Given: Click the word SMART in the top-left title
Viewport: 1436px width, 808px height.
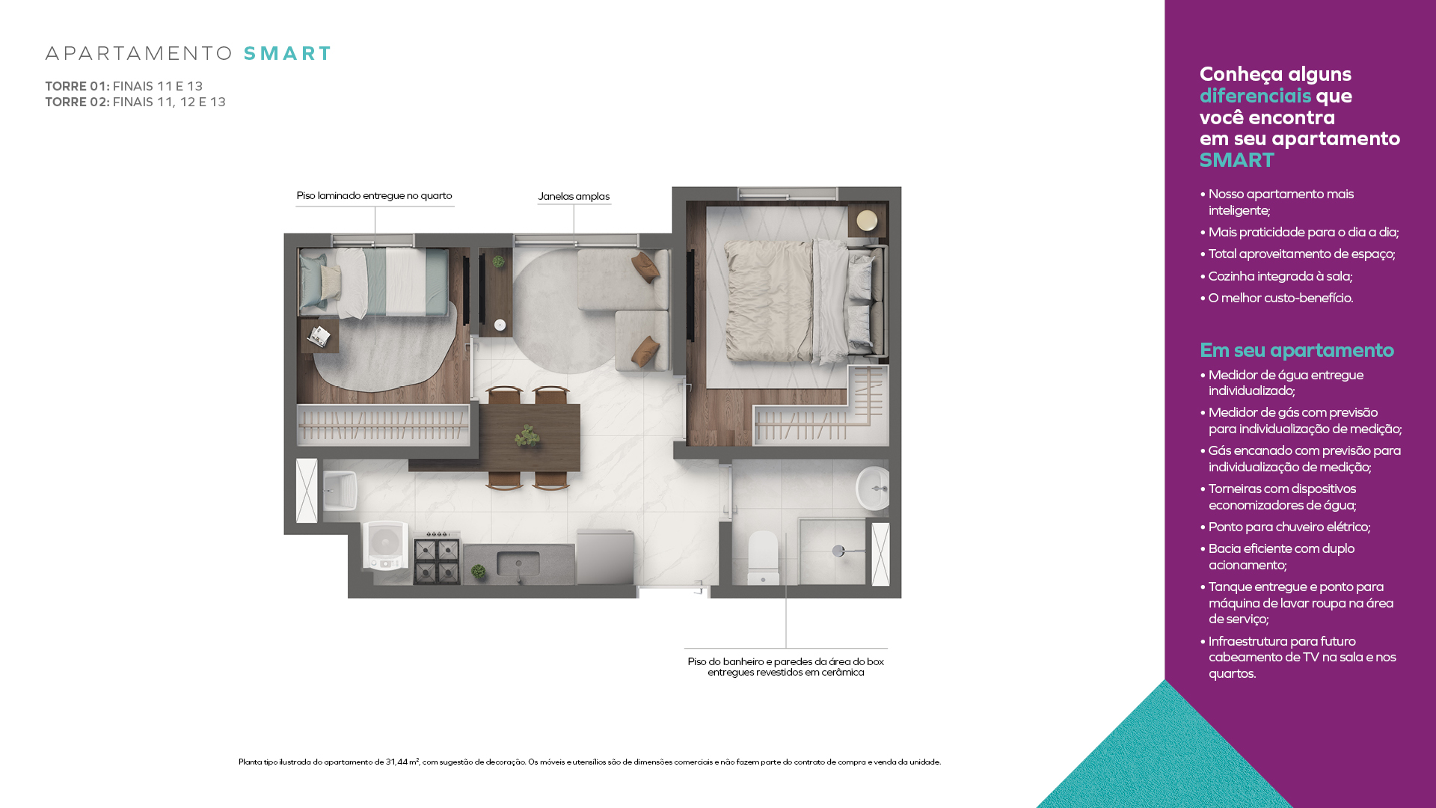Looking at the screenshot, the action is point(287,54).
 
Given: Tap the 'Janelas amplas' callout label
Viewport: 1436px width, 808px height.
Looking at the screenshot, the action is point(574,197).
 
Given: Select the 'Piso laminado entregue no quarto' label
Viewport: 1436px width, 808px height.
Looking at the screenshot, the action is point(374,196).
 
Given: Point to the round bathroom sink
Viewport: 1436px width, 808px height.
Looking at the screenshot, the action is point(873,489).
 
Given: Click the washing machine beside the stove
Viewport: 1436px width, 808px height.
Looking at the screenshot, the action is point(386,545).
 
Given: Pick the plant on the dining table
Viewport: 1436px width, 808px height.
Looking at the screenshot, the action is point(528,435).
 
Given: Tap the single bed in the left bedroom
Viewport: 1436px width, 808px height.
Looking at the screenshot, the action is point(374,282).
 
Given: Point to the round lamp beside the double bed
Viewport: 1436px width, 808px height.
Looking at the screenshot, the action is point(867,221).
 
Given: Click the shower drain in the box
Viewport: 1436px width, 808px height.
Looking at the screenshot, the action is point(838,551).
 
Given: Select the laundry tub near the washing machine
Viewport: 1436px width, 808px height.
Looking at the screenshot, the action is point(340,491).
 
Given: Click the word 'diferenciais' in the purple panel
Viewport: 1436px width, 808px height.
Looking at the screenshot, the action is point(1255,96).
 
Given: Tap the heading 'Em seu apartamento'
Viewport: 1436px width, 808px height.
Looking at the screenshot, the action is point(1297,350).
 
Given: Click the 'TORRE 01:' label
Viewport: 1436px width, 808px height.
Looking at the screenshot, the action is point(77,86).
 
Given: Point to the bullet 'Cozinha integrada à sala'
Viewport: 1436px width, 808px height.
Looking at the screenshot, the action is point(1276,276).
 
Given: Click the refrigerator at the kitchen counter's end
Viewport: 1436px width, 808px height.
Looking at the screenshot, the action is point(605,557).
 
